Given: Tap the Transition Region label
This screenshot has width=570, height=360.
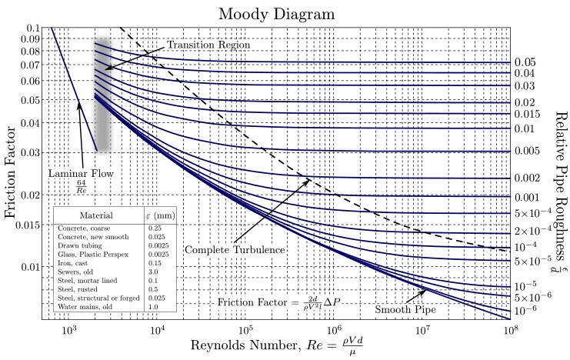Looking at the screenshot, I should [x=208, y=45].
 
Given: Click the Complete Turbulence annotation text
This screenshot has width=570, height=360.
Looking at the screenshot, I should [x=234, y=250].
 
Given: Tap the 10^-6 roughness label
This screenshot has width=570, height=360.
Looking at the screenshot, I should [x=525, y=312].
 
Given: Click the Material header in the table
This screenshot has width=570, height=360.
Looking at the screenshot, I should [x=98, y=215].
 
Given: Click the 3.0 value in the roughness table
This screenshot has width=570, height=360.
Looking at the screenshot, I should [x=154, y=272].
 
